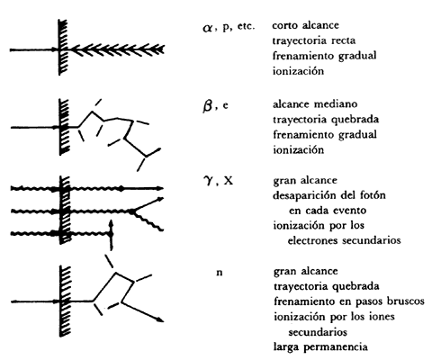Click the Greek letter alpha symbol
(207, 28)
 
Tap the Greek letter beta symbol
(208, 106)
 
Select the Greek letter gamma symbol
(208, 181)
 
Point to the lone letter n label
(220, 273)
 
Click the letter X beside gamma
(229, 181)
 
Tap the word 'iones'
(382, 316)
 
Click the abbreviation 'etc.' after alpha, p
(246, 26)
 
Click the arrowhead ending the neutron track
(160, 319)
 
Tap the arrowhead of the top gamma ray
(160, 188)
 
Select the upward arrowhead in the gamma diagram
(111, 223)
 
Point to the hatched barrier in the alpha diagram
(63, 48)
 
